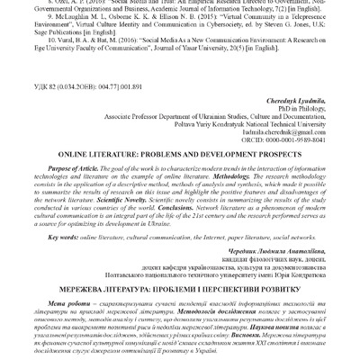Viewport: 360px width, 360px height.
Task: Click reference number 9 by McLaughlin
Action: [x=30, y=16]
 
